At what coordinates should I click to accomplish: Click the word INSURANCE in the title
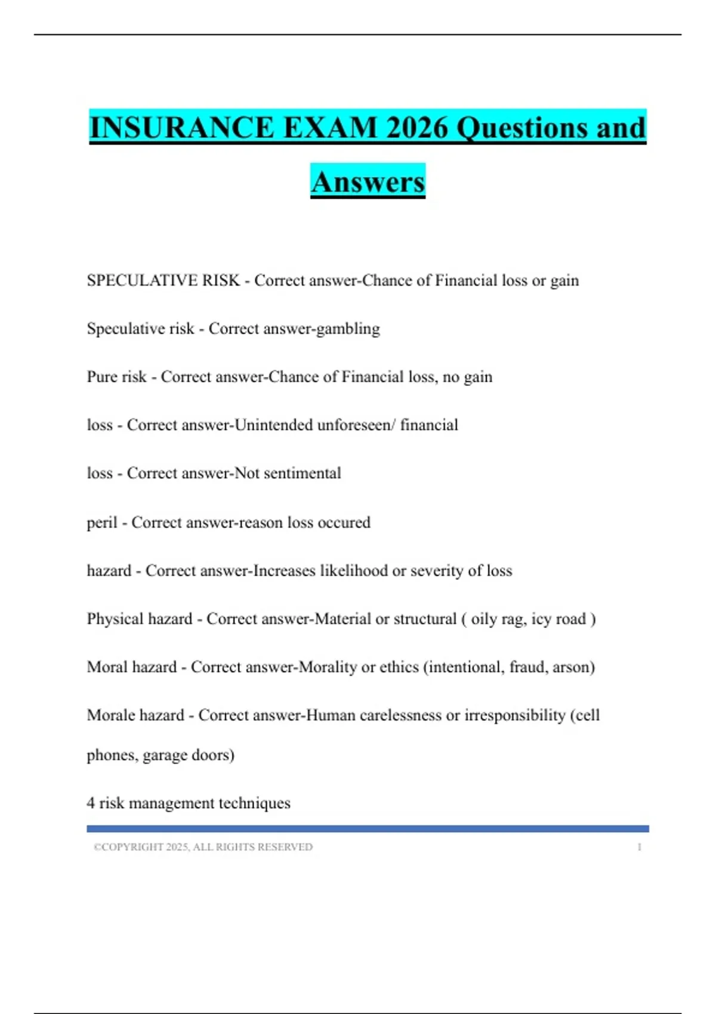coord(181,128)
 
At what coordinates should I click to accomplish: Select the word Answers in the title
coord(368,182)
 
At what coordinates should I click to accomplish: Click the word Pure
coord(101,377)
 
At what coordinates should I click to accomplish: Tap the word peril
coord(101,523)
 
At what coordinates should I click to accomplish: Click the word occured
coord(344,523)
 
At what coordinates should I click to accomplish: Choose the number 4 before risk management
coord(91,803)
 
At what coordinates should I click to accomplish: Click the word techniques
coord(255,803)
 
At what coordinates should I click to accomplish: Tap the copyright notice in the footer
coord(203,847)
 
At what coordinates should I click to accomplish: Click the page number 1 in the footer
coord(639,847)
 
